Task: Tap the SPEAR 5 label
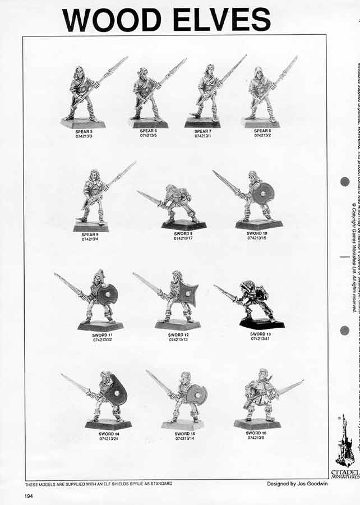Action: (84, 131)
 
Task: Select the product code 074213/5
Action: (149, 135)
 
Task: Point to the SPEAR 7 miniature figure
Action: (207, 93)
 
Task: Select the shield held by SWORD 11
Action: (107, 294)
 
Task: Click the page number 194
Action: (29, 495)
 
